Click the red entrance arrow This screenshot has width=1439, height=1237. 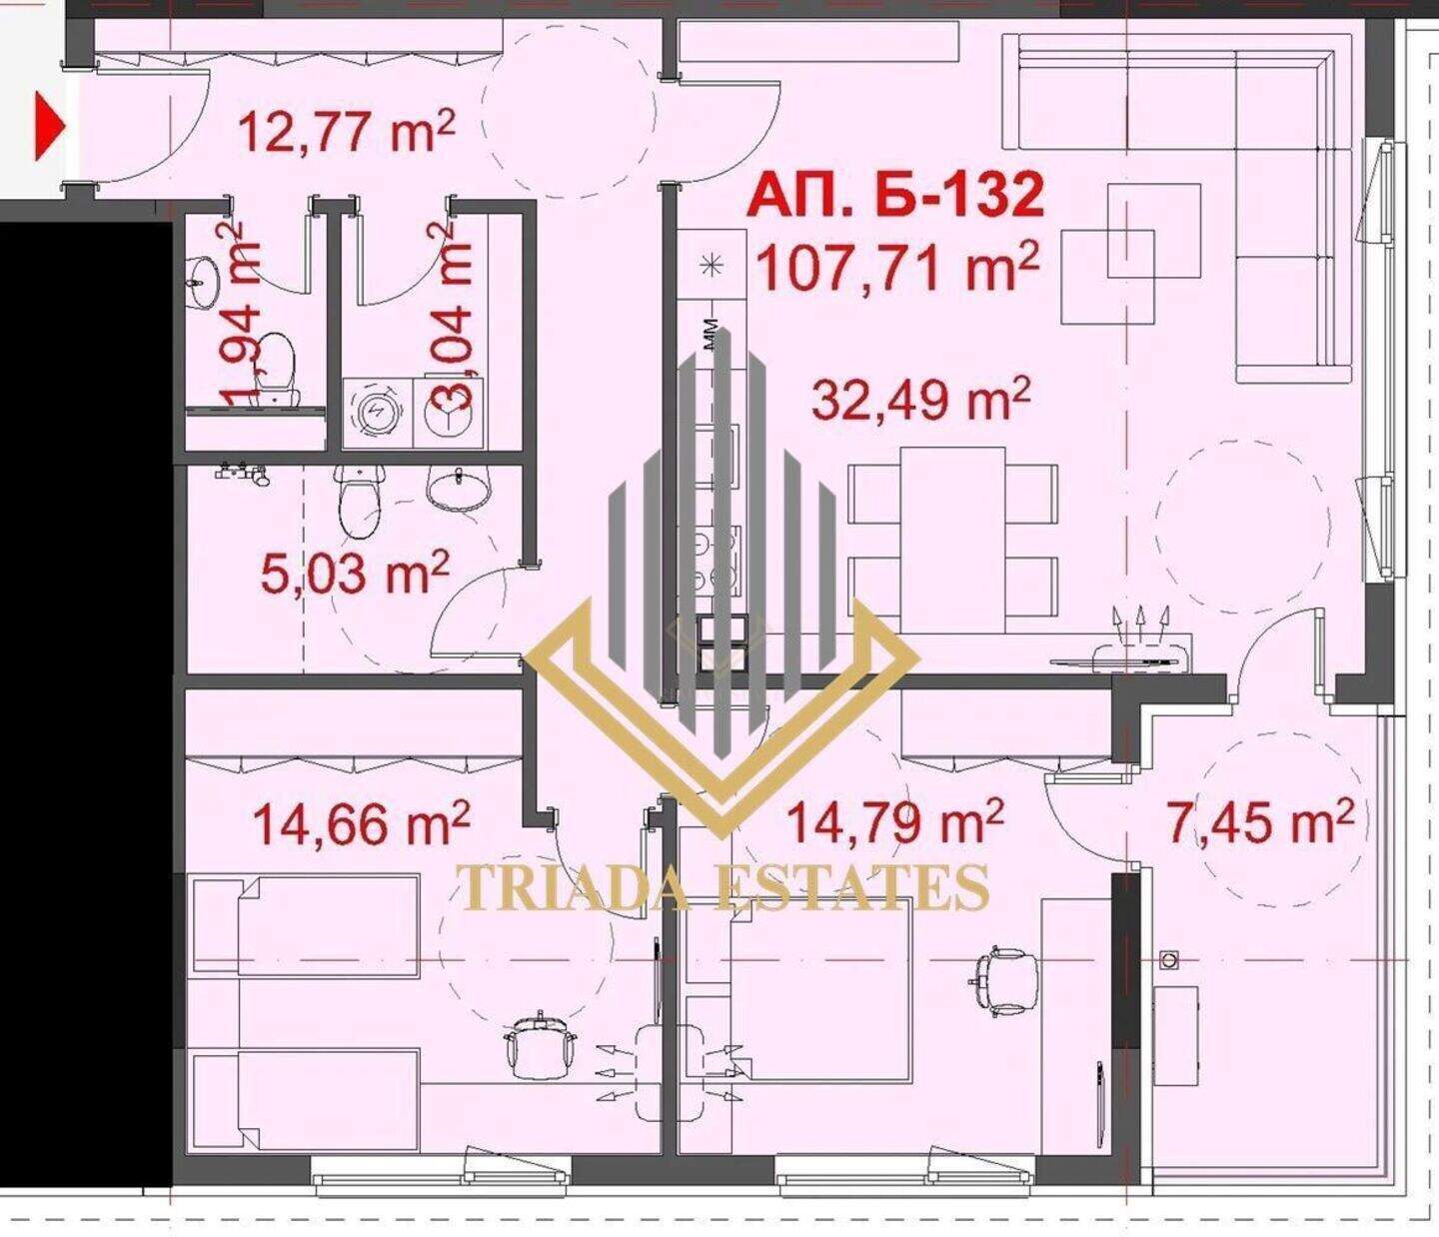49,127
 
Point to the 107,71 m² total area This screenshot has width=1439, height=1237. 898,267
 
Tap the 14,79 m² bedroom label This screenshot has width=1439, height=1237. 894,820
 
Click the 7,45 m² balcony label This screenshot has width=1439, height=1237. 1261,822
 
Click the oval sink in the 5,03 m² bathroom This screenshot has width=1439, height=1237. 458,488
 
